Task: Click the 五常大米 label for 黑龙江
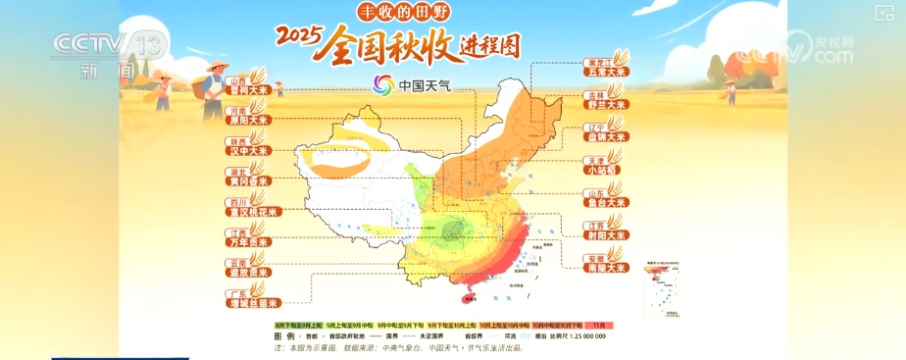click(x=605, y=72)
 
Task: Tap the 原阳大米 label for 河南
click(x=245, y=120)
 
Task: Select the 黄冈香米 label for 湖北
click(x=245, y=180)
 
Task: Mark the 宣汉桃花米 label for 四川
click(x=250, y=211)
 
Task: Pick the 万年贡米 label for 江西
click(x=245, y=241)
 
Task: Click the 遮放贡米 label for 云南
click(x=245, y=272)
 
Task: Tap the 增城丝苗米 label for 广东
click(x=250, y=303)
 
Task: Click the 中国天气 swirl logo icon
click(x=383, y=84)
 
